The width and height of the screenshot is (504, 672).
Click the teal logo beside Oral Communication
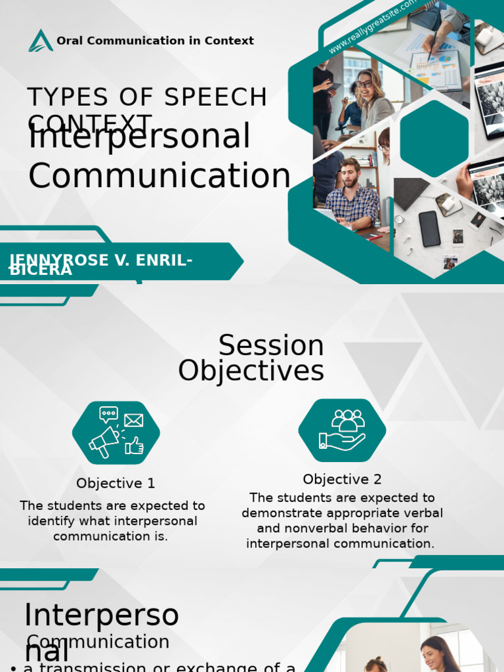coord(41,41)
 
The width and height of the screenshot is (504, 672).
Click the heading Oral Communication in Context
coord(155,41)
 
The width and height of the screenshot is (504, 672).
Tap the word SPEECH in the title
coord(215,98)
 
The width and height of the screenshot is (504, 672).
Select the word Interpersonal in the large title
coord(139,137)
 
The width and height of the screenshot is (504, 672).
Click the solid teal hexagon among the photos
coord(434,138)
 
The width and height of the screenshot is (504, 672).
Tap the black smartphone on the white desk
coord(429,229)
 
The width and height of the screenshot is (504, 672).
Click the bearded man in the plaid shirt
coord(352,194)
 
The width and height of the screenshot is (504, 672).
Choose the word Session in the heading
coord(271,346)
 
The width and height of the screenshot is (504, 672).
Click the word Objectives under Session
coord(251,371)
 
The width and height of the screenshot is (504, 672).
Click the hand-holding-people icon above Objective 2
coord(342,430)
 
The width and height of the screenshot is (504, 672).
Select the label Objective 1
coord(115,484)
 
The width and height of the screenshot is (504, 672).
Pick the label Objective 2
coord(342,480)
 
